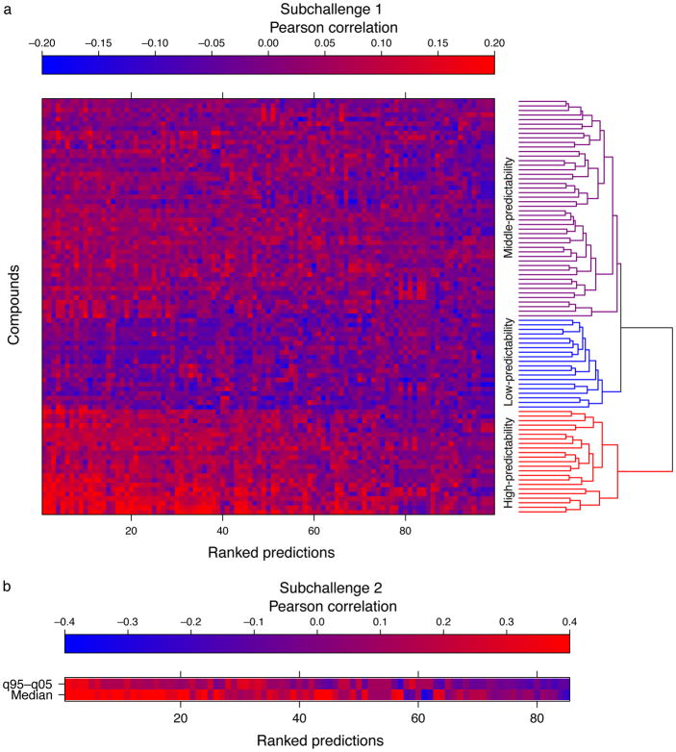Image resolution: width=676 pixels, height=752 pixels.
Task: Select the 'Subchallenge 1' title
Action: pos(268,9)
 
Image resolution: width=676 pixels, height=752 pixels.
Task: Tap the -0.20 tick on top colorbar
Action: pos(42,43)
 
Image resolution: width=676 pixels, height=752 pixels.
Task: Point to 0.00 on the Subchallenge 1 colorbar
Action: pos(268,43)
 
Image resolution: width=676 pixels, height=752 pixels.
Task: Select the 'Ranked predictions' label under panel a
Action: pos(268,552)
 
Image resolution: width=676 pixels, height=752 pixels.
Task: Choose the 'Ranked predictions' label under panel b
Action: pos(316,740)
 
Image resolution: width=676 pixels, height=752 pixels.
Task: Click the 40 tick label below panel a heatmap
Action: pos(222,528)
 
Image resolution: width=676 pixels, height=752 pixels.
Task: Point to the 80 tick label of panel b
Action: pos(536,716)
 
